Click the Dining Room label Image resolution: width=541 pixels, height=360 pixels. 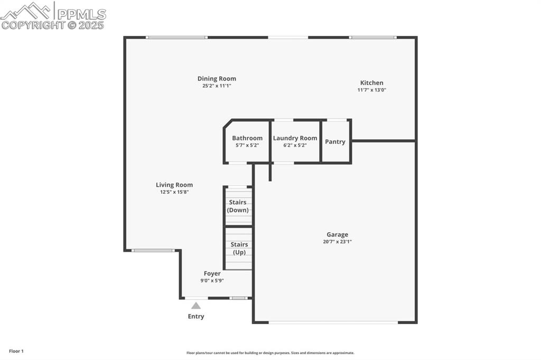click(217, 79)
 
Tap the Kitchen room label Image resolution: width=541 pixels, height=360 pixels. click(372, 83)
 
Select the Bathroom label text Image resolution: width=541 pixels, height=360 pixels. click(247, 138)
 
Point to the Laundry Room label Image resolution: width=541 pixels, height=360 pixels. click(295, 138)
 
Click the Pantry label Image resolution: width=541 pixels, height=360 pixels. click(335, 141)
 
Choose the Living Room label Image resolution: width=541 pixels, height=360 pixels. click(174, 185)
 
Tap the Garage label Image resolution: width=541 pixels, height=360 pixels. click(337, 234)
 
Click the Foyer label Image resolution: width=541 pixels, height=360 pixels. click(212, 273)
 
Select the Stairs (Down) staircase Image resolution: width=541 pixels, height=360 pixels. click(238, 206)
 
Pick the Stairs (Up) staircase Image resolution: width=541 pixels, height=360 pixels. click(239, 249)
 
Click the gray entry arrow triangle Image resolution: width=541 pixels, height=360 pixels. click(196, 306)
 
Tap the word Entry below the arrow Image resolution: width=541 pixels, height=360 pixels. click(196, 317)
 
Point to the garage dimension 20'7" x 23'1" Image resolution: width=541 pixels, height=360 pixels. click(337, 242)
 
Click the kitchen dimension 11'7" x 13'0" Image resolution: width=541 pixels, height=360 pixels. click(372, 90)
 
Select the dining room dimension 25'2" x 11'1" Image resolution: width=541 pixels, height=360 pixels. click(217, 86)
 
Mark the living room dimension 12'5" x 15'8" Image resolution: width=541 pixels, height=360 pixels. click(174, 192)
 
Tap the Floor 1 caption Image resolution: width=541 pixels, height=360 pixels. click(16, 351)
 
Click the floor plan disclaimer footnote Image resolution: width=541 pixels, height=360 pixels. click(270, 353)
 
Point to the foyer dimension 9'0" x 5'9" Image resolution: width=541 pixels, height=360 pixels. click(212, 281)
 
